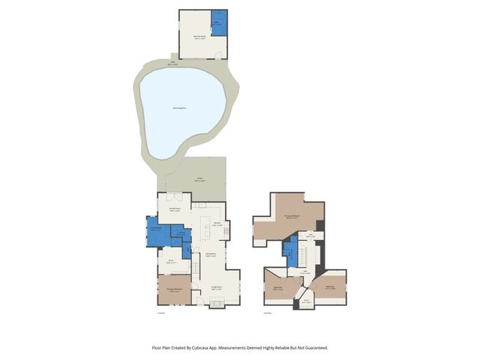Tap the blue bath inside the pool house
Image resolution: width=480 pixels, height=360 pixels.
(x=218, y=19)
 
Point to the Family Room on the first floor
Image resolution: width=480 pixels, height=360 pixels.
(x=173, y=211)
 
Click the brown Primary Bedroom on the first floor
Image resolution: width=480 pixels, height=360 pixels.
(x=173, y=289)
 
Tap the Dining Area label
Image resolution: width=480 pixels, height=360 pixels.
(x=211, y=255)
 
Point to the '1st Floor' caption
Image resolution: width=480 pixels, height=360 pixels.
(x=160, y=313)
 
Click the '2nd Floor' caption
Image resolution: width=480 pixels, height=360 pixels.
(x=268, y=313)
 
